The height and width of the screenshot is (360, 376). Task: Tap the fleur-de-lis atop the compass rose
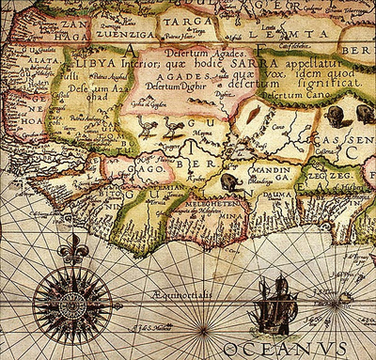tap(71, 248)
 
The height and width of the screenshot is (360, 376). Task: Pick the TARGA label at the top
tap(189, 20)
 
